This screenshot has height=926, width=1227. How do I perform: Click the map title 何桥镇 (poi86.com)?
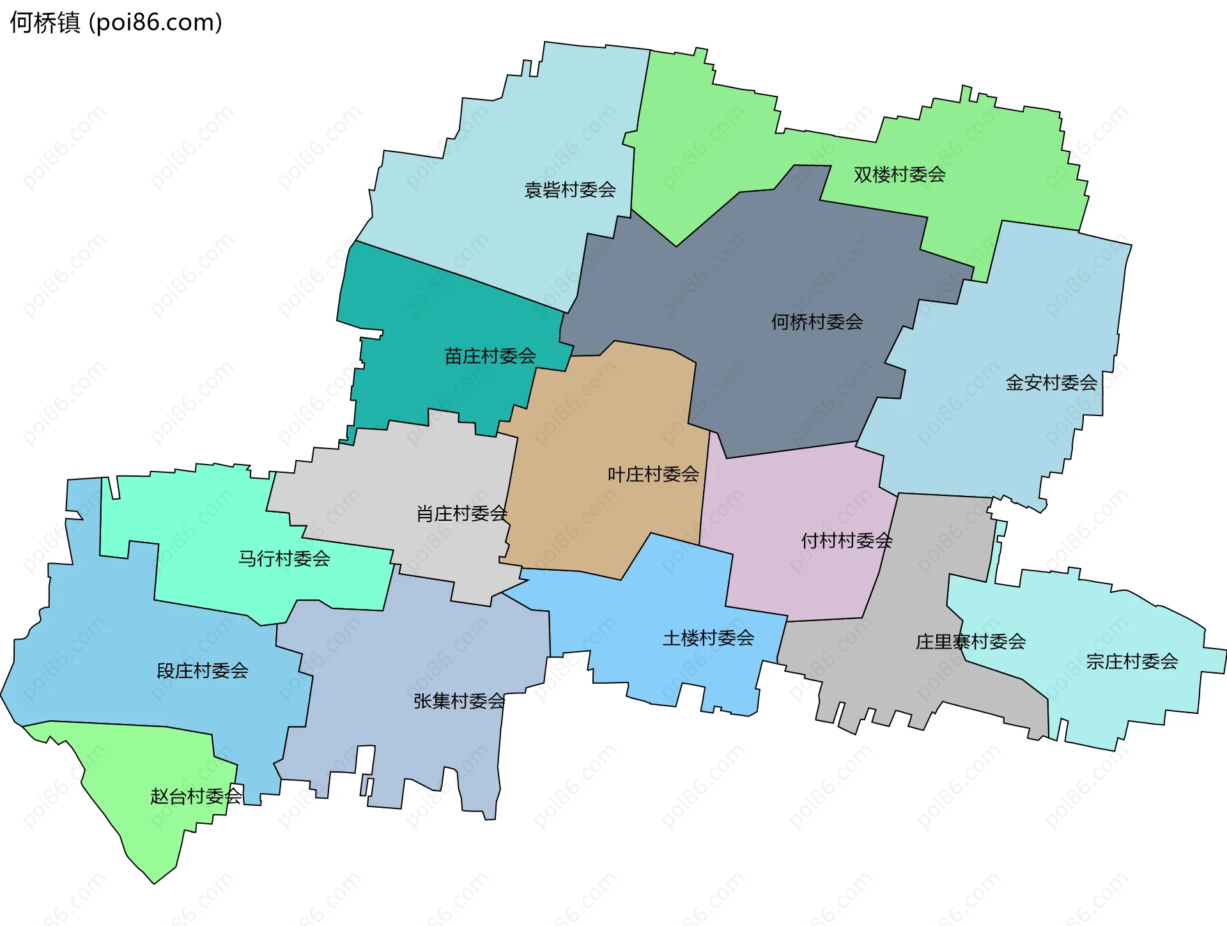(x=116, y=22)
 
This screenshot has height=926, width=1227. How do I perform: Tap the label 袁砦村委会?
(x=569, y=190)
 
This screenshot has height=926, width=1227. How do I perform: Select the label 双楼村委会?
(x=899, y=174)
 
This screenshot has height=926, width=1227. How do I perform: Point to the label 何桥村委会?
(x=817, y=321)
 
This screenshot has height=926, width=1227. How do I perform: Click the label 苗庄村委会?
(x=490, y=356)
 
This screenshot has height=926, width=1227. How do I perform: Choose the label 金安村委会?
(x=1051, y=383)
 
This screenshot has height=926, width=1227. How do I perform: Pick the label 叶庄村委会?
(x=653, y=474)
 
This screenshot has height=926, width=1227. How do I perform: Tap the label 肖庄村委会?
(x=461, y=513)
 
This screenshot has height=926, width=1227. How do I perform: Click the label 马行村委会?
(x=284, y=559)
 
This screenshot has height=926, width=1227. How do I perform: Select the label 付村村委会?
(x=846, y=541)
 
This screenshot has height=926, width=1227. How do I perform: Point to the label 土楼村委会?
(x=708, y=638)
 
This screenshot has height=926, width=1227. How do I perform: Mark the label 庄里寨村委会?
(x=970, y=642)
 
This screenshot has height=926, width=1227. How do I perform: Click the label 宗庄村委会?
(x=1132, y=661)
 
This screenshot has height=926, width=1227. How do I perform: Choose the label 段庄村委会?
(x=202, y=670)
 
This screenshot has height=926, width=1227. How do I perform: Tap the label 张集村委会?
(x=459, y=701)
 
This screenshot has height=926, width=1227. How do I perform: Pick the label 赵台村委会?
(x=196, y=796)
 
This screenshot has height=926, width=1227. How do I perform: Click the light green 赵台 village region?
(x=147, y=831)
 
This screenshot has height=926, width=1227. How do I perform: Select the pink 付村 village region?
(x=799, y=575)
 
